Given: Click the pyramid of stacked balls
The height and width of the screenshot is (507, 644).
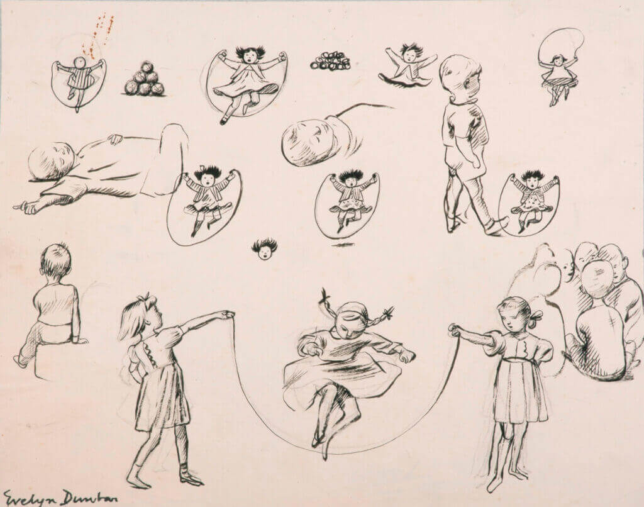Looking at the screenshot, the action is (144, 79).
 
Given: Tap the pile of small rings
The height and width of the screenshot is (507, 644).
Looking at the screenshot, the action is (330, 60).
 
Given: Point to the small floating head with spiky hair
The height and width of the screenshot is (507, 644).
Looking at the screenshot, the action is (265, 249).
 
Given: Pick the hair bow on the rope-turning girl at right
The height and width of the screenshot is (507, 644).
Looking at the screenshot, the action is (536, 316).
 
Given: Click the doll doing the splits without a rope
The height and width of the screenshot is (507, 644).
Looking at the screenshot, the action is (407, 66).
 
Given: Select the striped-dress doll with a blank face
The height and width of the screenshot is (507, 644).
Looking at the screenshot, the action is (79, 79).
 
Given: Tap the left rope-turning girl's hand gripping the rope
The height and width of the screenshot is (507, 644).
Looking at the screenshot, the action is (227, 315).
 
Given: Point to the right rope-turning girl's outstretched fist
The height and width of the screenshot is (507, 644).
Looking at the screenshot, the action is (454, 330).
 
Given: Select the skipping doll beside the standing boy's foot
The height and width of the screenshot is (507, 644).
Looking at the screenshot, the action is (529, 204).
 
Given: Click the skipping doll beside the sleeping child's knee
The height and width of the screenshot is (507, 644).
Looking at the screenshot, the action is (204, 206).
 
